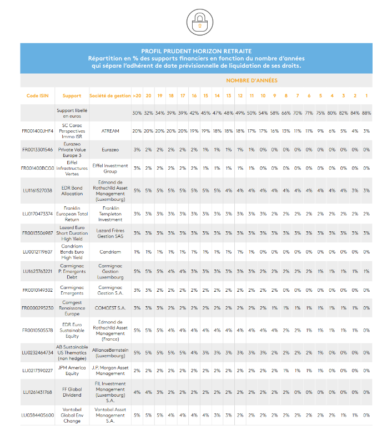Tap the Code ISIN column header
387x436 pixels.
click(x=37, y=96)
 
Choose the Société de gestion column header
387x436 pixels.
click(x=109, y=96)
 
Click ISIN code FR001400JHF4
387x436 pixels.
click(x=37, y=131)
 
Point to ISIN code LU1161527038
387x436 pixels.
click(x=37, y=190)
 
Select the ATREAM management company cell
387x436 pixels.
click(x=109, y=131)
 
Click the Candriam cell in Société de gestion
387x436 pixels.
click(x=109, y=252)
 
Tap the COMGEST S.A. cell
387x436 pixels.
click(x=109, y=308)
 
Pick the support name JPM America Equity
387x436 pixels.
click(x=72, y=370)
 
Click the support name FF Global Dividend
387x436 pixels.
click(x=72, y=392)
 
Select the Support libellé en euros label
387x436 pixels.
click(x=72, y=113)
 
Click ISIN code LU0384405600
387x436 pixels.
click(x=37, y=414)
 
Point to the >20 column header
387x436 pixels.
click(x=136, y=96)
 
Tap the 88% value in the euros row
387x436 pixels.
click(x=366, y=113)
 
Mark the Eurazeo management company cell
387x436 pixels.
click(x=109, y=150)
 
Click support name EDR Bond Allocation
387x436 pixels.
click(x=72, y=190)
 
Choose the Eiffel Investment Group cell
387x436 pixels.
click(x=109, y=168)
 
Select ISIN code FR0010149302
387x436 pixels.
click(x=37, y=290)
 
